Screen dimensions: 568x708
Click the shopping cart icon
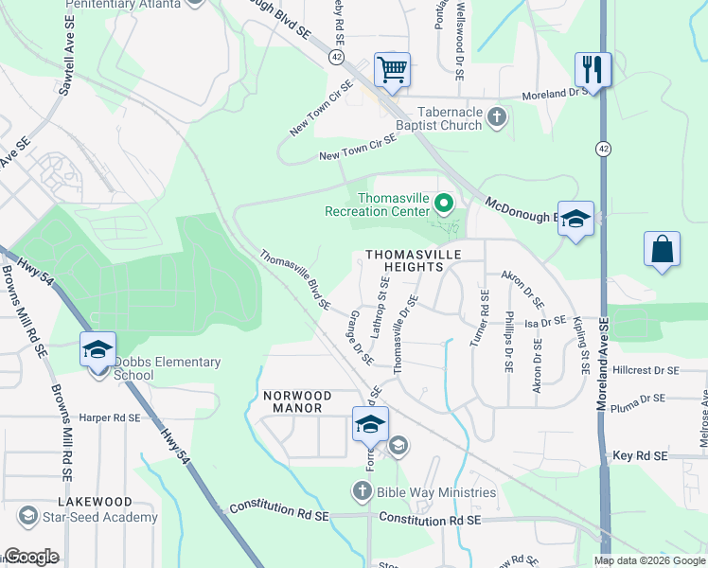(392, 69)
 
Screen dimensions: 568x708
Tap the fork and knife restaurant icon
(593, 69)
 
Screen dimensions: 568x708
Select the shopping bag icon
(662, 250)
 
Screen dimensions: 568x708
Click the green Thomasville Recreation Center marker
(442, 204)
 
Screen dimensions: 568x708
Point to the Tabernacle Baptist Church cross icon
(496, 118)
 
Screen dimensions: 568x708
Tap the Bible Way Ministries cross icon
(361, 491)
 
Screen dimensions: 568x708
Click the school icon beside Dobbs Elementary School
(98, 350)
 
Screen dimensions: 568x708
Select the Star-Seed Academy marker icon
(27, 517)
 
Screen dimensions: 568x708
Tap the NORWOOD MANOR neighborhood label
(298, 401)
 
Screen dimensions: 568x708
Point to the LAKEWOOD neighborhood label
(94, 501)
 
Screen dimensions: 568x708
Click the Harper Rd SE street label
(109, 417)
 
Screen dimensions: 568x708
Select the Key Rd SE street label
(641, 456)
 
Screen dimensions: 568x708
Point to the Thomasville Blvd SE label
(295, 280)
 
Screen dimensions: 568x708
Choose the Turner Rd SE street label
(484, 319)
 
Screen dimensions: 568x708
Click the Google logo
(31, 557)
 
